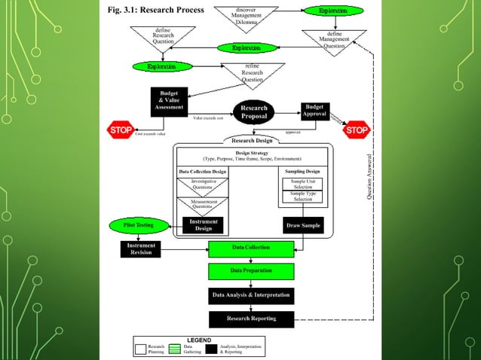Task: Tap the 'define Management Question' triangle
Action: (333, 39)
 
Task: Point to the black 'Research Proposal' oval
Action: (254, 112)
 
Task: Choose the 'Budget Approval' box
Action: (316, 111)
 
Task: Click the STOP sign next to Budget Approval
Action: (356, 130)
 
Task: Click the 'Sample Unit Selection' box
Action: (303, 185)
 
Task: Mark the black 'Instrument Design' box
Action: (203, 225)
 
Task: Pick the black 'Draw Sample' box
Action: (303, 226)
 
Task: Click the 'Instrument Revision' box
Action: (141, 249)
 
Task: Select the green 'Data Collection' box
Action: (252, 248)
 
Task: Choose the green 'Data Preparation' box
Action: (252, 270)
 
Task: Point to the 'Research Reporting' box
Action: (252, 319)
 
